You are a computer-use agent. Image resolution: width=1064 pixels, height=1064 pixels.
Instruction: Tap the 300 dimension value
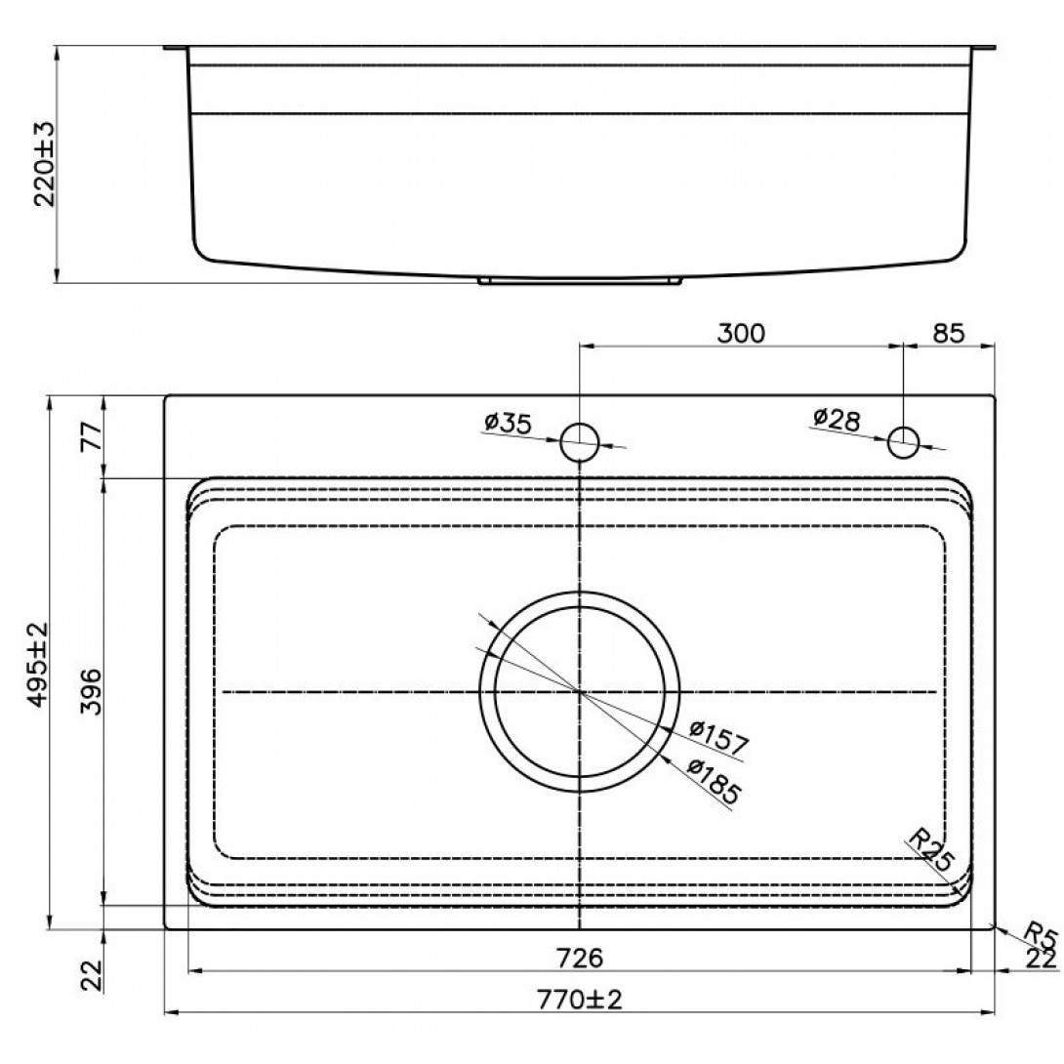coord(741,333)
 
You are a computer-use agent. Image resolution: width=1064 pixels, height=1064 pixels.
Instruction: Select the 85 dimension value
coord(948,333)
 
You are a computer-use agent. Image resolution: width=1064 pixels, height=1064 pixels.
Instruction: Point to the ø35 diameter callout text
coord(509,424)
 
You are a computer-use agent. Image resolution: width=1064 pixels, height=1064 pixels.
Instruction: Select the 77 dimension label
coord(91,435)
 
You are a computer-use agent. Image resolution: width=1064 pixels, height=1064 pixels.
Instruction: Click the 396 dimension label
coord(90,691)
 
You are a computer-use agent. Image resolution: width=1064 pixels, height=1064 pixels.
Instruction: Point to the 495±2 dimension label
coord(39,664)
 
